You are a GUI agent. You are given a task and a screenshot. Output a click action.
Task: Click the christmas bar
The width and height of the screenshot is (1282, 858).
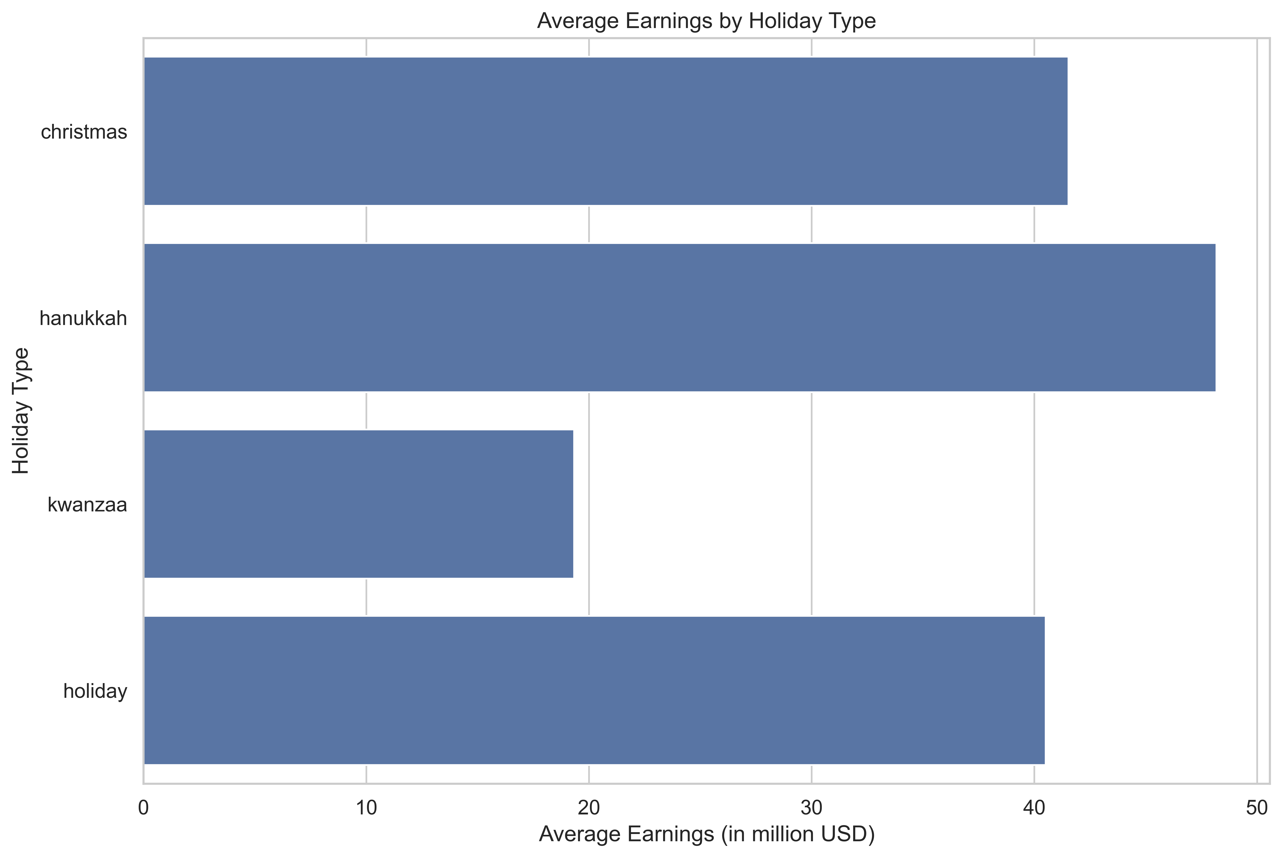605,131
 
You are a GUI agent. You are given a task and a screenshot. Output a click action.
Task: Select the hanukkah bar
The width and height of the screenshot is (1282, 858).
679,317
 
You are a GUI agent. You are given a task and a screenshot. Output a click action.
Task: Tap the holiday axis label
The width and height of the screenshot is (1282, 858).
95,691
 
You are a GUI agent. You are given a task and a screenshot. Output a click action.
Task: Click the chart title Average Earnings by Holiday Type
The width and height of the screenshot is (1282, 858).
706,21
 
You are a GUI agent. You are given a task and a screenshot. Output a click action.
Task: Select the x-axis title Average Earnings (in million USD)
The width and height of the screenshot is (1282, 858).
706,834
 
